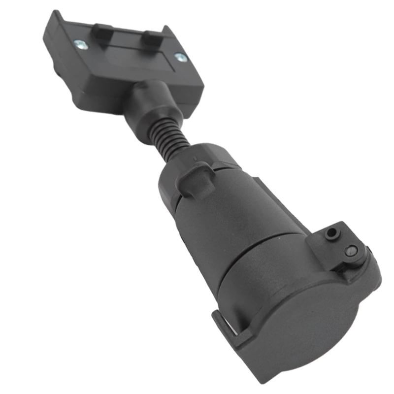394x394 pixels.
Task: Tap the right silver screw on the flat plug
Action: coord(181,57)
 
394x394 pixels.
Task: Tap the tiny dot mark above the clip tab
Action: coord(196,159)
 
